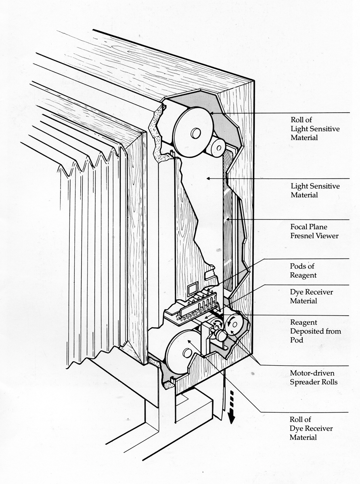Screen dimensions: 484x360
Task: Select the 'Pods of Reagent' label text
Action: (x=302, y=271)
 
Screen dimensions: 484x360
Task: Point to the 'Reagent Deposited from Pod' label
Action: (x=316, y=331)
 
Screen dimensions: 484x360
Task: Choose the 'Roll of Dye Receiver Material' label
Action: (x=312, y=428)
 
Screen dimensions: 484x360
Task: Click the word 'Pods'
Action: (x=298, y=266)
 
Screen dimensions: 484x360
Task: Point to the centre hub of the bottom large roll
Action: (x=187, y=353)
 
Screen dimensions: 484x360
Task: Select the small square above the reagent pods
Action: (x=191, y=288)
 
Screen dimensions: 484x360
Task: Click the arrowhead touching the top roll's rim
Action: (x=210, y=115)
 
